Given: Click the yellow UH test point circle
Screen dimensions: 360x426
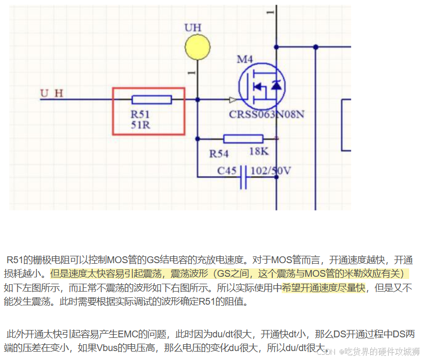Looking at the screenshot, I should (x=197, y=47).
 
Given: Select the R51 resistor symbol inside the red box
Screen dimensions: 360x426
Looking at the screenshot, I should (x=152, y=99).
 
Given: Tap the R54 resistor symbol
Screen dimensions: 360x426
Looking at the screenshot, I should (x=243, y=138).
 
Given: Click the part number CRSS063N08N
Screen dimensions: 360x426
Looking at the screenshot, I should (x=266, y=115).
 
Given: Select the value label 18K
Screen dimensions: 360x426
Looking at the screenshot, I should (x=259, y=152).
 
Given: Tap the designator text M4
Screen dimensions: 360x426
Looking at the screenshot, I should (x=245, y=59).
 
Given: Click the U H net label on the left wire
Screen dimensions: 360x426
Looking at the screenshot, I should (x=52, y=94).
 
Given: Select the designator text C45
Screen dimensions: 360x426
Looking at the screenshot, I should (x=228, y=171).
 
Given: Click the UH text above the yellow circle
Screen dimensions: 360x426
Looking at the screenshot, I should (x=193, y=27).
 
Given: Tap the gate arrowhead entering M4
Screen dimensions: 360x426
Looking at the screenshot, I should (x=232, y=99).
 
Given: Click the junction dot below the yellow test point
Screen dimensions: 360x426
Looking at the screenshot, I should (x=197, y=99).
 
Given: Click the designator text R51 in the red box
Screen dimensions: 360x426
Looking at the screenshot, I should (x=140, y=114).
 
